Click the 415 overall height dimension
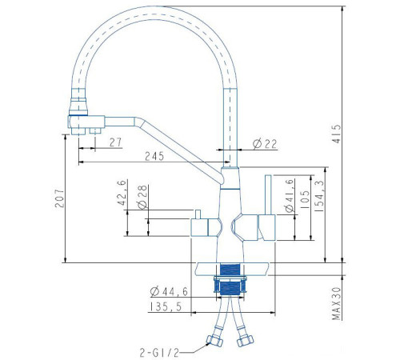click(x=338, y=134)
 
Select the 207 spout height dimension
click(x=59, y=198)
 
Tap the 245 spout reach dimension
click(x=154, y=156)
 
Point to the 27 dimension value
click(x=115, y=142)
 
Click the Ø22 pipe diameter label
click(x=265, y=144)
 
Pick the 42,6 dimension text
click(x=122, y=193)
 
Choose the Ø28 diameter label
click(x=142, y=197)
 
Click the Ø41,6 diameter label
click(x=289, y=196)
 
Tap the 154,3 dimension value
click(x=319, y=196)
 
